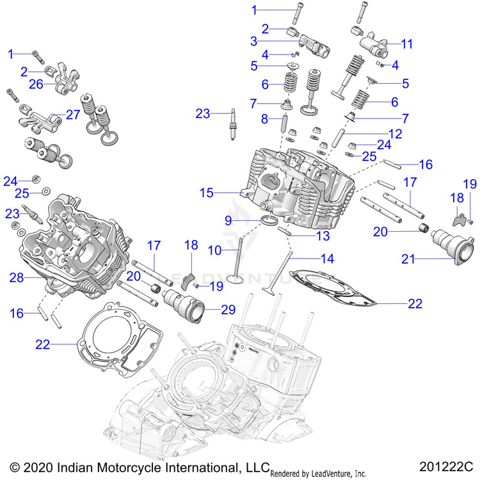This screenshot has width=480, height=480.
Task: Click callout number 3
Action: (254, 41)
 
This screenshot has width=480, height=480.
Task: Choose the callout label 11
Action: (408, 44)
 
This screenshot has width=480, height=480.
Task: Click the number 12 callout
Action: (396, 134)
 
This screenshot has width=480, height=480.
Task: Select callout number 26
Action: (36, 84)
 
